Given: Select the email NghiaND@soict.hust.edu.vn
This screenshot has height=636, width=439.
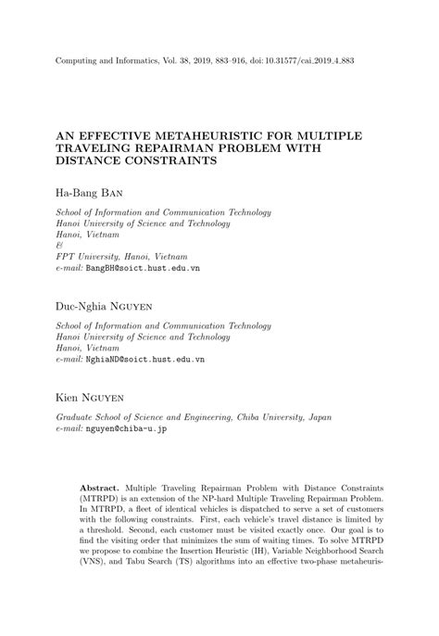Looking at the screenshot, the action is pyautogui.click(x=145, y=358).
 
